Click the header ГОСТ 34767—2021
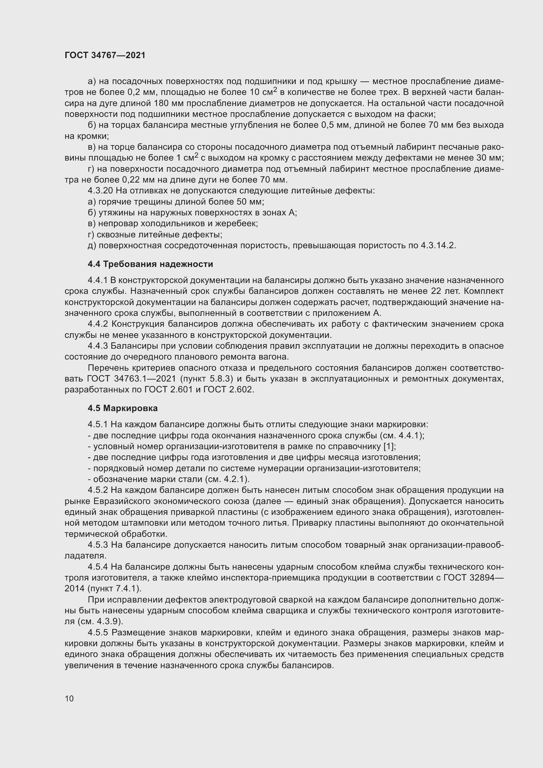coord(105,55)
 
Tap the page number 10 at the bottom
coord(69,698)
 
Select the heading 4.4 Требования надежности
coord(150,264)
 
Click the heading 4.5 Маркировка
coord(123,408)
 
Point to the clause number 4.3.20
coord(101,191)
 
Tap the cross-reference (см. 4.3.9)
coord(100,622)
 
